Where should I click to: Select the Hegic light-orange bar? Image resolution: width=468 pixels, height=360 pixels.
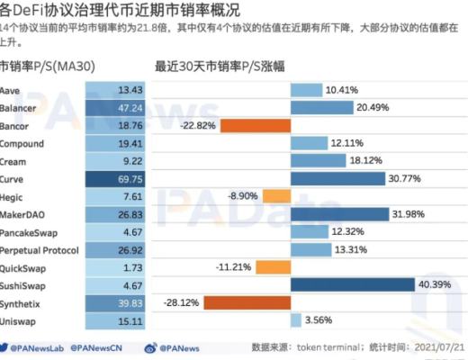pyautogui.click(x=274, y=196)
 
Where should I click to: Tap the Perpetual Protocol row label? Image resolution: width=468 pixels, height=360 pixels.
pyautogui.click(x=40, y=249)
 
